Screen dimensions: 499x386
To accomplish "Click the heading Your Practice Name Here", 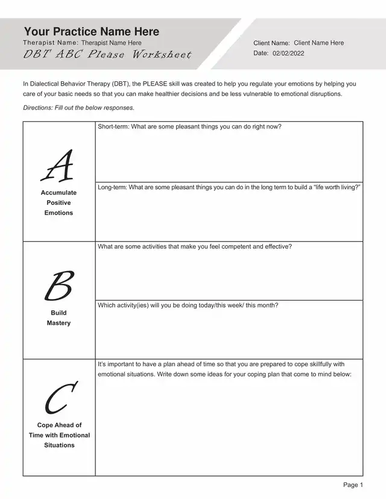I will tap(92, 31).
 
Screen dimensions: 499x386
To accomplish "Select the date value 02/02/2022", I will tap(288, 53).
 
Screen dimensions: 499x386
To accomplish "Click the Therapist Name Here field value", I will tap(112, 43).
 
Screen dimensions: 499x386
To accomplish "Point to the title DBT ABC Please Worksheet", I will tap(107, 55).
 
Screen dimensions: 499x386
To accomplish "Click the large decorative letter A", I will tap(59, 166).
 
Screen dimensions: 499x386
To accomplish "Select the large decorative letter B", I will tap(59, 286).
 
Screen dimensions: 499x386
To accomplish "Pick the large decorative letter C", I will tap(60, 398).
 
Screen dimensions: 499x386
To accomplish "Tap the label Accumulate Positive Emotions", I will tap(59, 202).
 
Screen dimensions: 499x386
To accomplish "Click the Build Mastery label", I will tap(59, 318).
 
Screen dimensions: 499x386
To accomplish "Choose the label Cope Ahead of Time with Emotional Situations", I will tap(59, 435).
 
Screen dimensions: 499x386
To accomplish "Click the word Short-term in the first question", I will tap(113, 127).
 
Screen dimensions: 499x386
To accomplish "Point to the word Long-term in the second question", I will tap(112, 187).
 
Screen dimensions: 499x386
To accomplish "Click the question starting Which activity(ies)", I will tap(188, 305).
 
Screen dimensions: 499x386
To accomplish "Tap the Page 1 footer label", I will tap(353, 485).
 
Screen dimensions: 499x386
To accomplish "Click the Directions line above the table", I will tap(78, 108).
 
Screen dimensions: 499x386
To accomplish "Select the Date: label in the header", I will tap(261, 53).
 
